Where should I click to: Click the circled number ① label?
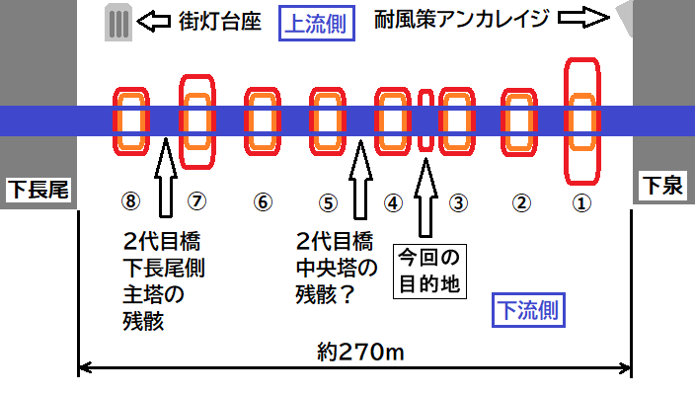pyautogui.click(x=581, y=203)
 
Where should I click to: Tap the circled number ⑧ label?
pyautogui.click(x=130, y=200)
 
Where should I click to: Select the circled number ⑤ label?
pyautogui.click(x=328, y=203)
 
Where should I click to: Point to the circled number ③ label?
pyautogui.click(x=458, y=203)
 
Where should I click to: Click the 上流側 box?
pyautogui.click(x=317, y=23)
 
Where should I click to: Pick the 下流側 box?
pyautogui.click(x=528, y=310)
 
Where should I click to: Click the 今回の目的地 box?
pyautogui.click(x=429, y=272)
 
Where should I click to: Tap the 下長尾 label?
pyautogui.click(x=39, y=190)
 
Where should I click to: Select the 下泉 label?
pyautogui.click(x=663, y=185)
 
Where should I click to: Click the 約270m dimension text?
pyautogui.click(x=360, y=353)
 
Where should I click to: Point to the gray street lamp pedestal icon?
pyautogui.click(x=118, y=22)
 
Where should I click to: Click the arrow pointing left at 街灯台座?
pyautogui.click(x=153, y=22)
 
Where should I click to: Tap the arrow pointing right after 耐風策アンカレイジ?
pyautogui.click(x=583, y=18)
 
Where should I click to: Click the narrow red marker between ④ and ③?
pyautogui.click(x=425, y=120)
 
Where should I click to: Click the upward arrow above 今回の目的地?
pyautogui.click(x=425, y=197)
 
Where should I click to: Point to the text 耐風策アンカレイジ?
pyautogui.click(x=461, y=19)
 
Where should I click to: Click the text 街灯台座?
pyautogui.click(x=220, y=22)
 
